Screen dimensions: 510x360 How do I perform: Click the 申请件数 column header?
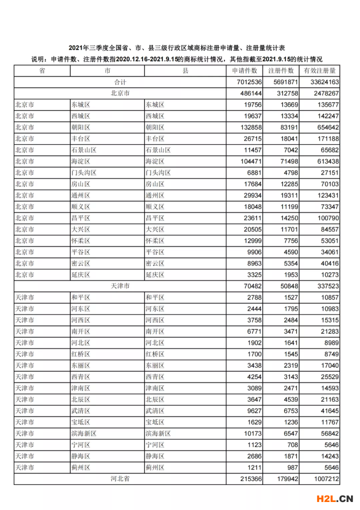[245, 71]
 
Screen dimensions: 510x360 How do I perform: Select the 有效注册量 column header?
[319, 71]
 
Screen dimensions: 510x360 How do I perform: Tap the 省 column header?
[42, 71]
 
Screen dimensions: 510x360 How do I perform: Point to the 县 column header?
[185, 71]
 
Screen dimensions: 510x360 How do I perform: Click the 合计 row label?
[120, 82]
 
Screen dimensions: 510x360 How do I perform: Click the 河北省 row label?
[120, 479]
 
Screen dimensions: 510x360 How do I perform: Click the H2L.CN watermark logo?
[335, 498]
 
